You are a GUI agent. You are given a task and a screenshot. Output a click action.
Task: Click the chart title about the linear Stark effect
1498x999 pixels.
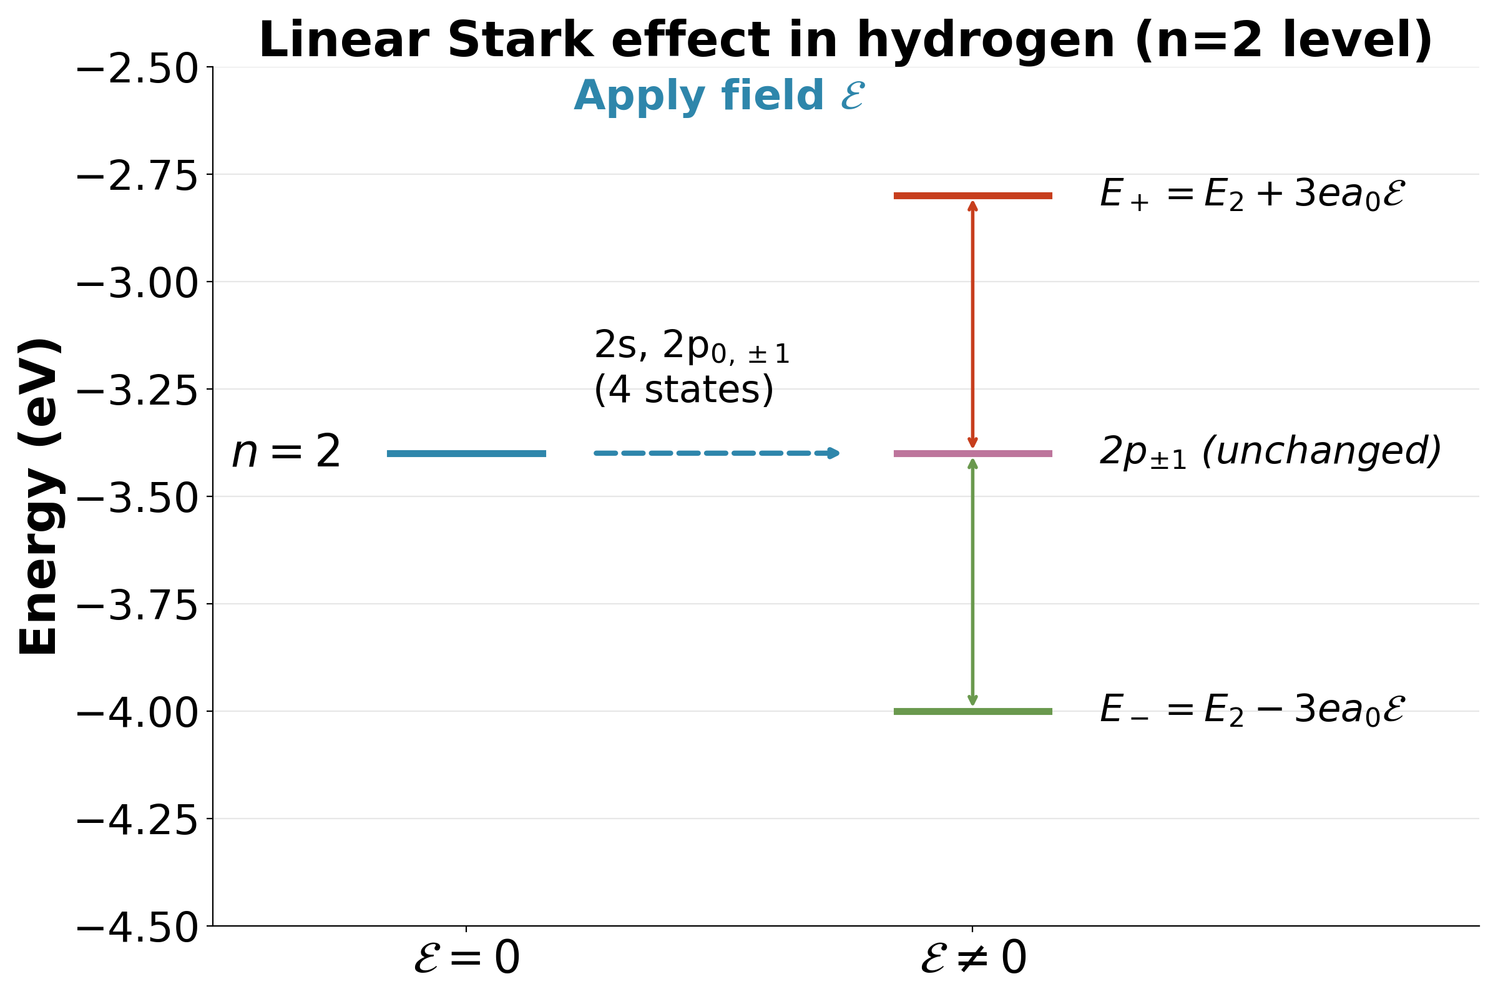point(846,41)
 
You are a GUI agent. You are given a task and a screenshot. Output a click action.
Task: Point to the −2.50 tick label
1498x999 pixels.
point(137,69)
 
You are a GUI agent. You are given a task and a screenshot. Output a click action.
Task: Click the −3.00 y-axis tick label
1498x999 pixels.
point(137,283)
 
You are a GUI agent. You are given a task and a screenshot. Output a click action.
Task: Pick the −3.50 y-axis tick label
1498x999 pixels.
point(137,498)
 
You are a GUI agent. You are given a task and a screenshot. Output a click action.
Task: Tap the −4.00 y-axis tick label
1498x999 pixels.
point(137,713)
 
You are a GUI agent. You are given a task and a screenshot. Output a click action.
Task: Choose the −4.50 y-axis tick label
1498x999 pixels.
point(137,928)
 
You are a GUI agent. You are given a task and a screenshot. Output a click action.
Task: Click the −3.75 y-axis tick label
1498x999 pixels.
point(137,605)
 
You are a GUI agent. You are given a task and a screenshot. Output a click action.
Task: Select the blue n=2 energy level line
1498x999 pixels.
point(466,454)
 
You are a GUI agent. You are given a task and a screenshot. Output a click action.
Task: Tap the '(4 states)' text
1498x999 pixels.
point(683,389)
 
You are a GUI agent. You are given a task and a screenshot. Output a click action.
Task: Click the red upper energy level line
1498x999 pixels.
point(972,195)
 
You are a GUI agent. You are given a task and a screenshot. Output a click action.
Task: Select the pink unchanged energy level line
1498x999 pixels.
point(972,454)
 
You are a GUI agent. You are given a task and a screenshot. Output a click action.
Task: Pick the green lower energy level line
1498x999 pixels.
point(972,712)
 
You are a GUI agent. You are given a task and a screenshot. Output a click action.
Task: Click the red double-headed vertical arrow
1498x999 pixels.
point(972,325)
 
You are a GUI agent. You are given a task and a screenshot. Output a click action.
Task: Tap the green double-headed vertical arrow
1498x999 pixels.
point(972,583)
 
